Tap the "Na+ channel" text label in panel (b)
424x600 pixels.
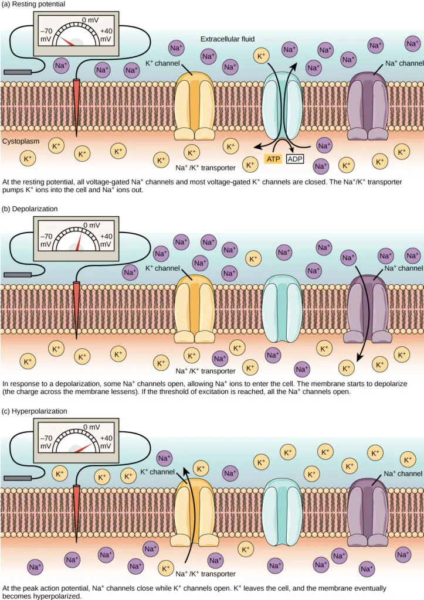[403, 269]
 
